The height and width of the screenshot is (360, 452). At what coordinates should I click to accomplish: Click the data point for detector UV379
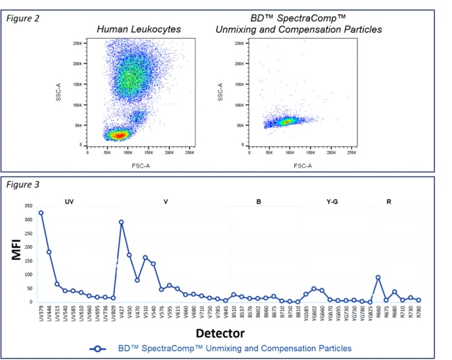[41, 213]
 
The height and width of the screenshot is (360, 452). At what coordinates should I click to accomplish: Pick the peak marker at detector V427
[121, 222]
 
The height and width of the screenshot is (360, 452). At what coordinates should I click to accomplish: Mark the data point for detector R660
[378, 277]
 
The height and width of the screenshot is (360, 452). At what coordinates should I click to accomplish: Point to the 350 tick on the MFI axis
[28, 206]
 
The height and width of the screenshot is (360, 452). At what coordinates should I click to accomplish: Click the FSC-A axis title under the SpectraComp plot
[301, 165]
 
